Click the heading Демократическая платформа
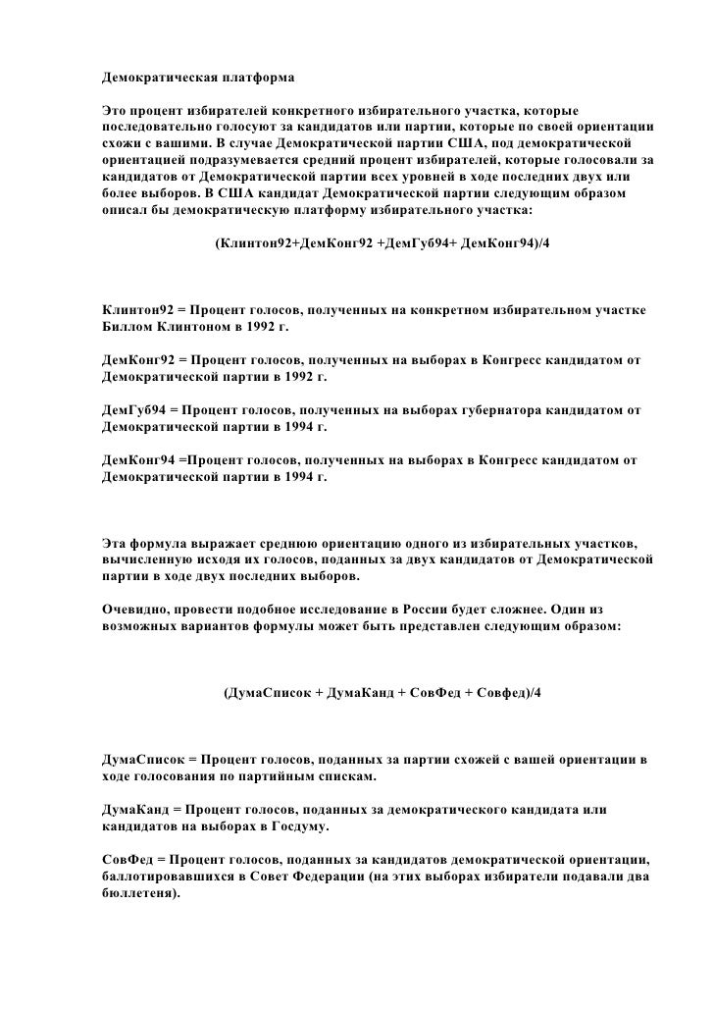tap(197, 76)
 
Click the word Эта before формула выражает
tap(117, 543)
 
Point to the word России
tap(436, 609)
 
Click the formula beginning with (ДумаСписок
tap(382, 693)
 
